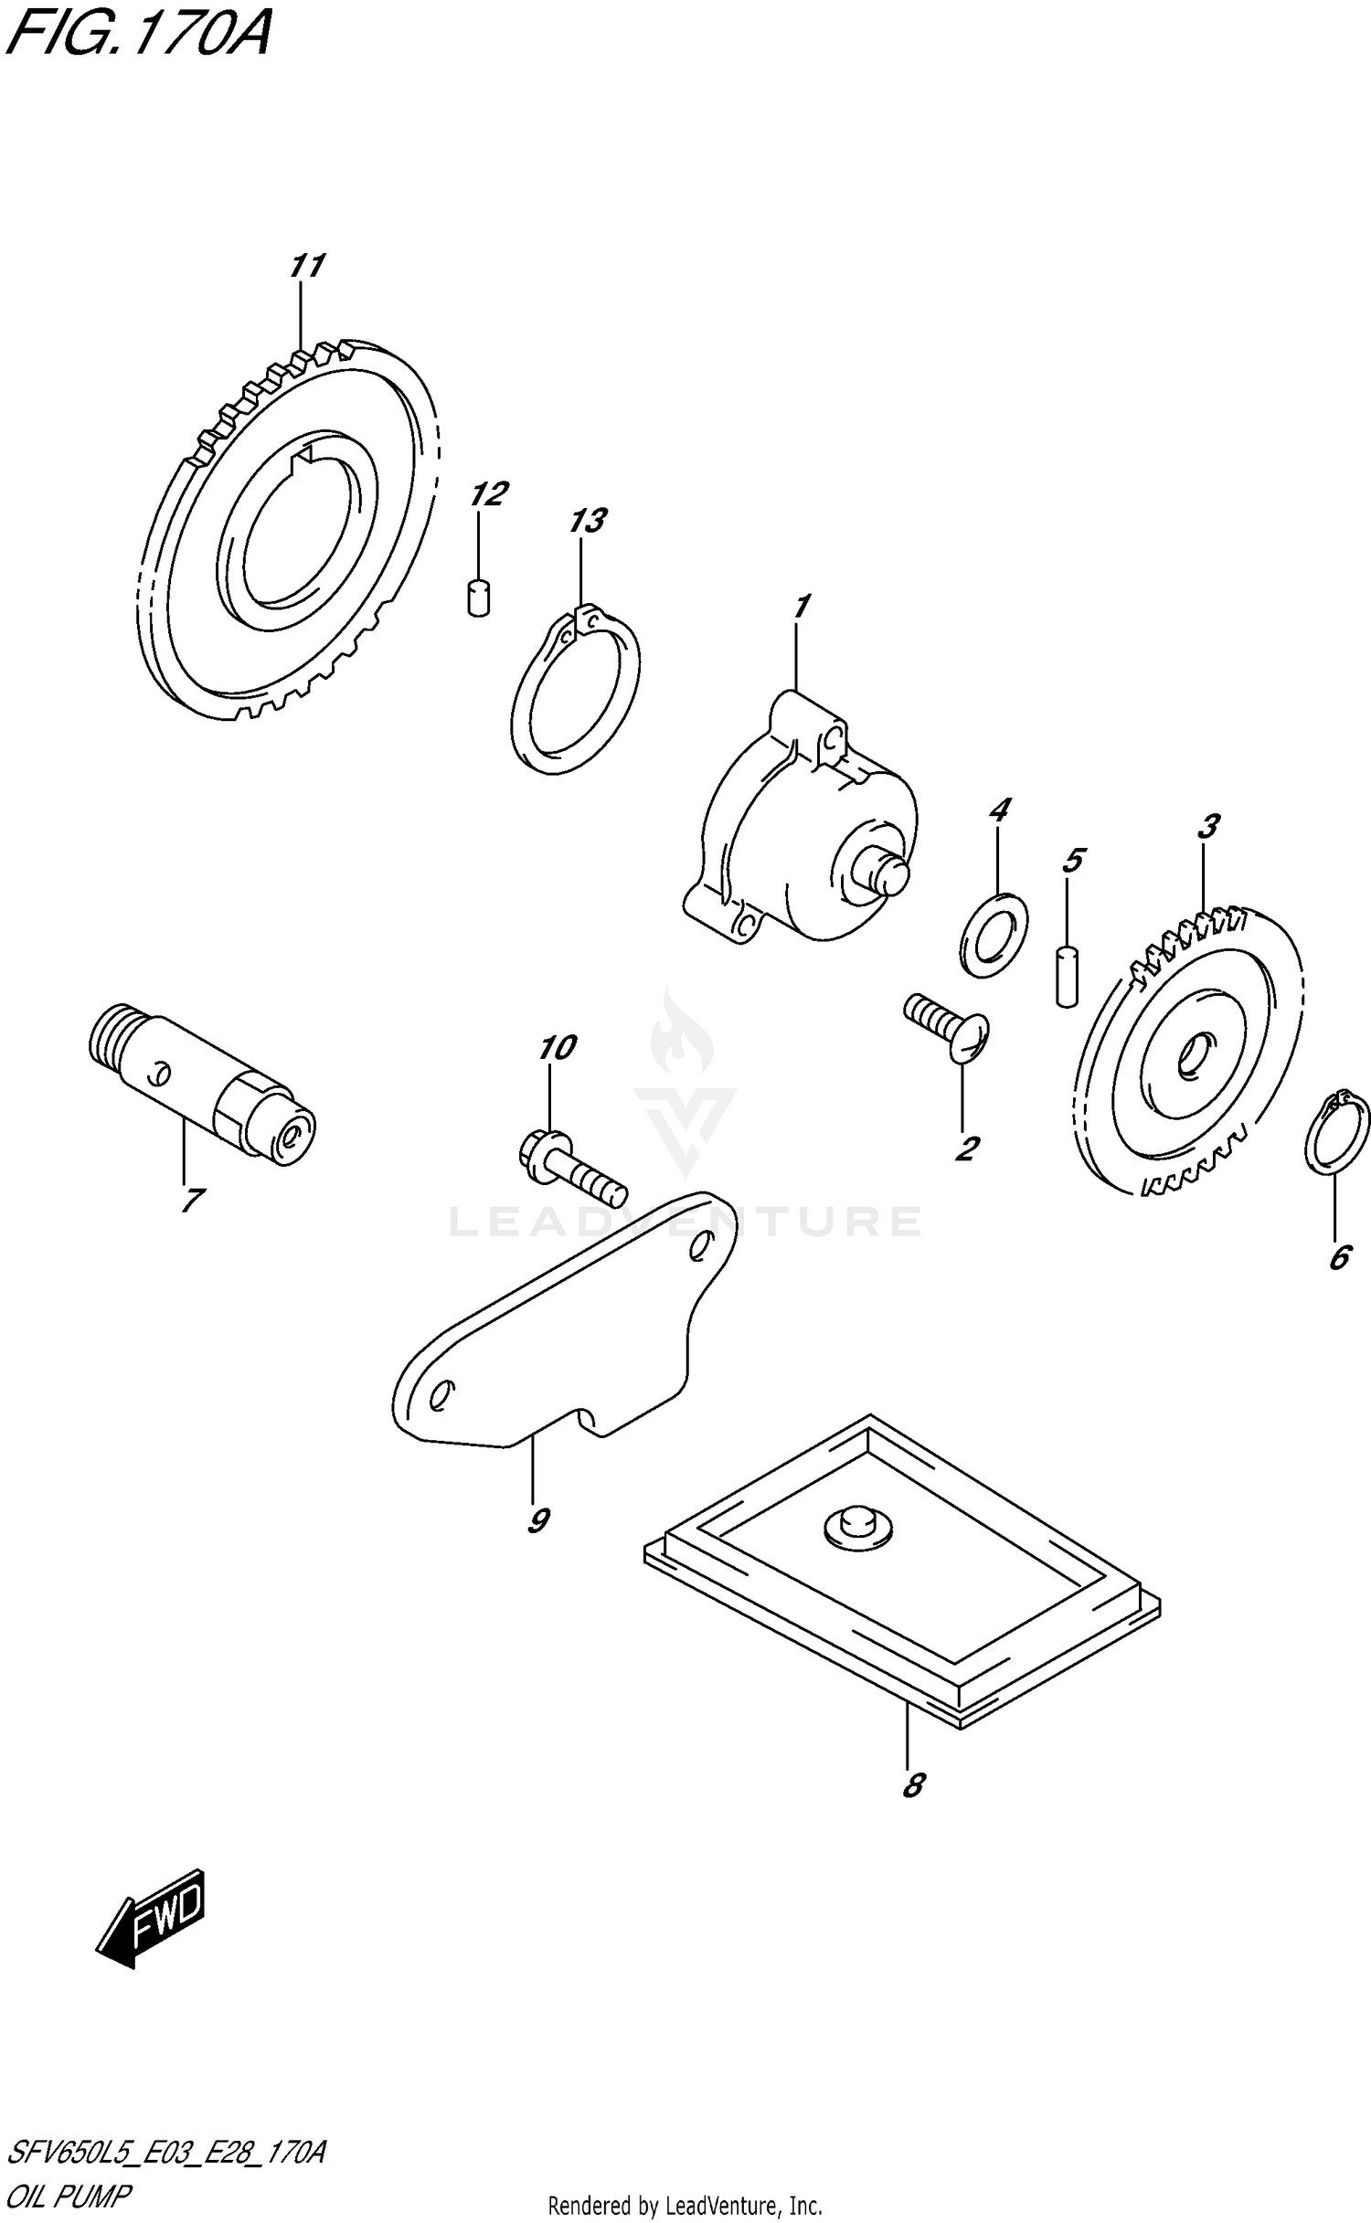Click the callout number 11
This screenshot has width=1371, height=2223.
pos(306,266)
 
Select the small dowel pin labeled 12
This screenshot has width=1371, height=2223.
pos(478,599)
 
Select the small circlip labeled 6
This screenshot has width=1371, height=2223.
pos(1336,1132)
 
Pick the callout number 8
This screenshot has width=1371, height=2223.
pos(912,1784)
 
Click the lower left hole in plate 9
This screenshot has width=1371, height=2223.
pos(441,1394)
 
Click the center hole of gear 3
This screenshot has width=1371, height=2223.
pos(1193,1056)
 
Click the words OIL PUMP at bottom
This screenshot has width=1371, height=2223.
pos(69,2195)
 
